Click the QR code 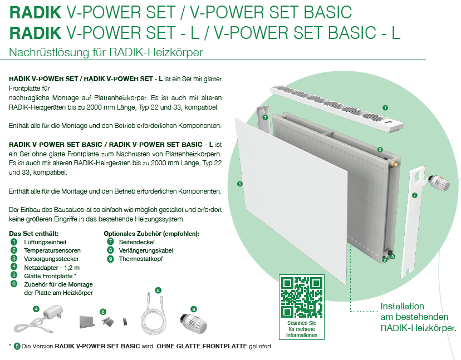302,297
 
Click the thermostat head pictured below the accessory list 193,324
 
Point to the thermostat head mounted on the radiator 439,183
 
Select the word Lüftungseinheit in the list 45,242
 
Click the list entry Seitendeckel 137,242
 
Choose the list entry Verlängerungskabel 146,250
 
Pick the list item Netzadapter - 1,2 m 52,268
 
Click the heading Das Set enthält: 34,234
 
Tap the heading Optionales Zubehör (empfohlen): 151,234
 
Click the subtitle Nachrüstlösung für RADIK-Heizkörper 106,52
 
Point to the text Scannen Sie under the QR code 302,323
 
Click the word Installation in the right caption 402,306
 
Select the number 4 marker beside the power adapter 36,309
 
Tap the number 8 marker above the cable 158,290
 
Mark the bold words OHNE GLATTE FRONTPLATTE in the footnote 202,346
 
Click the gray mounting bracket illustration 87,322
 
